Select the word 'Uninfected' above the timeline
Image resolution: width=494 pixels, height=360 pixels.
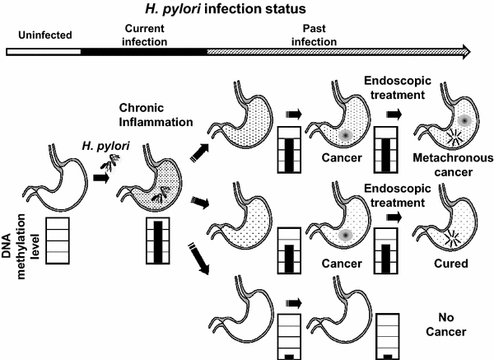click(42, 36)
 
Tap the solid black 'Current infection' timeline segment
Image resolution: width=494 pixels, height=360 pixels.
click(143, 51)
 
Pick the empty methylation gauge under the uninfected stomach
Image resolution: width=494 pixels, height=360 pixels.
click(63, 241)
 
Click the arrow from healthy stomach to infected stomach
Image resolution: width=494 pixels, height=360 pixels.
click(102, 177)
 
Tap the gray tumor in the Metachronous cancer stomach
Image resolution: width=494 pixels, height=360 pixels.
click(464, 119)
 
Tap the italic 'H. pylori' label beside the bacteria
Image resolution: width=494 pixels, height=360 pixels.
click(98, 147)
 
